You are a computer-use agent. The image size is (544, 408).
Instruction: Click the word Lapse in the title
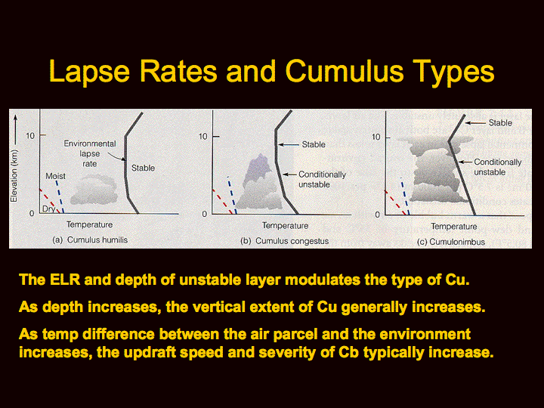coord(89,72)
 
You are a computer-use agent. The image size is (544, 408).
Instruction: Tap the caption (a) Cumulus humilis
coord(90,240)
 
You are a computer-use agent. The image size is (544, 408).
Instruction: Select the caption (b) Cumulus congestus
coord(285,241)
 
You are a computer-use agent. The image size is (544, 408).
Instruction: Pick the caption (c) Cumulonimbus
coord(451,242)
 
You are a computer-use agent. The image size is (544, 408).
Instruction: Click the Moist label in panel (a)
coord(55,176)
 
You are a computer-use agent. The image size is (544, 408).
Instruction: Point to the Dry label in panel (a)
coord(48,209)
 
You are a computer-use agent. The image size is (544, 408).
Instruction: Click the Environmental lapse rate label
coord(90,153)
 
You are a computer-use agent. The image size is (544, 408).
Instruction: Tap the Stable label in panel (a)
coord(143,168)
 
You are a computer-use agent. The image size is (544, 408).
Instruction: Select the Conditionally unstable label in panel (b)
coord(323,179)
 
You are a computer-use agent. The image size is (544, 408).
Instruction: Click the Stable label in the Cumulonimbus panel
coord(500,123)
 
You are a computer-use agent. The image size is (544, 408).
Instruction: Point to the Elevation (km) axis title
coord(14,176)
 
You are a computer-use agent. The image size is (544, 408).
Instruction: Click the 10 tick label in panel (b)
coord(203,136)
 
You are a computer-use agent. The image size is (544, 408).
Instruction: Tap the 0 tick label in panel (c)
coord(378,215)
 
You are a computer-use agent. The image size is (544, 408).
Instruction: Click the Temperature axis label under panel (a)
coord(89,224)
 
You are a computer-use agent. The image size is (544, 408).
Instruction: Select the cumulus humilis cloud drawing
coord(94,190)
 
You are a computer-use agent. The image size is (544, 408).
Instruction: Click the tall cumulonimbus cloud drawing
coord(439,169)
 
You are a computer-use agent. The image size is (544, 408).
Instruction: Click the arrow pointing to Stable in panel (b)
coord(289,144)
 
